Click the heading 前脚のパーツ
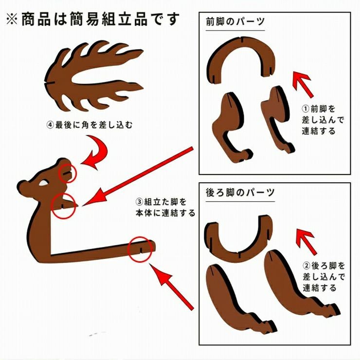[235, 22]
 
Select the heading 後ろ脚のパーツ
[240, 192]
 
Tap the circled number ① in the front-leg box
[306, 109]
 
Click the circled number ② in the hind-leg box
[307, 266]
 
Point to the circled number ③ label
[139, 202]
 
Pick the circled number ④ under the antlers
[50, 125]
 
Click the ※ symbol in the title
[12, 19]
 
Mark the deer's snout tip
[21, 186]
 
